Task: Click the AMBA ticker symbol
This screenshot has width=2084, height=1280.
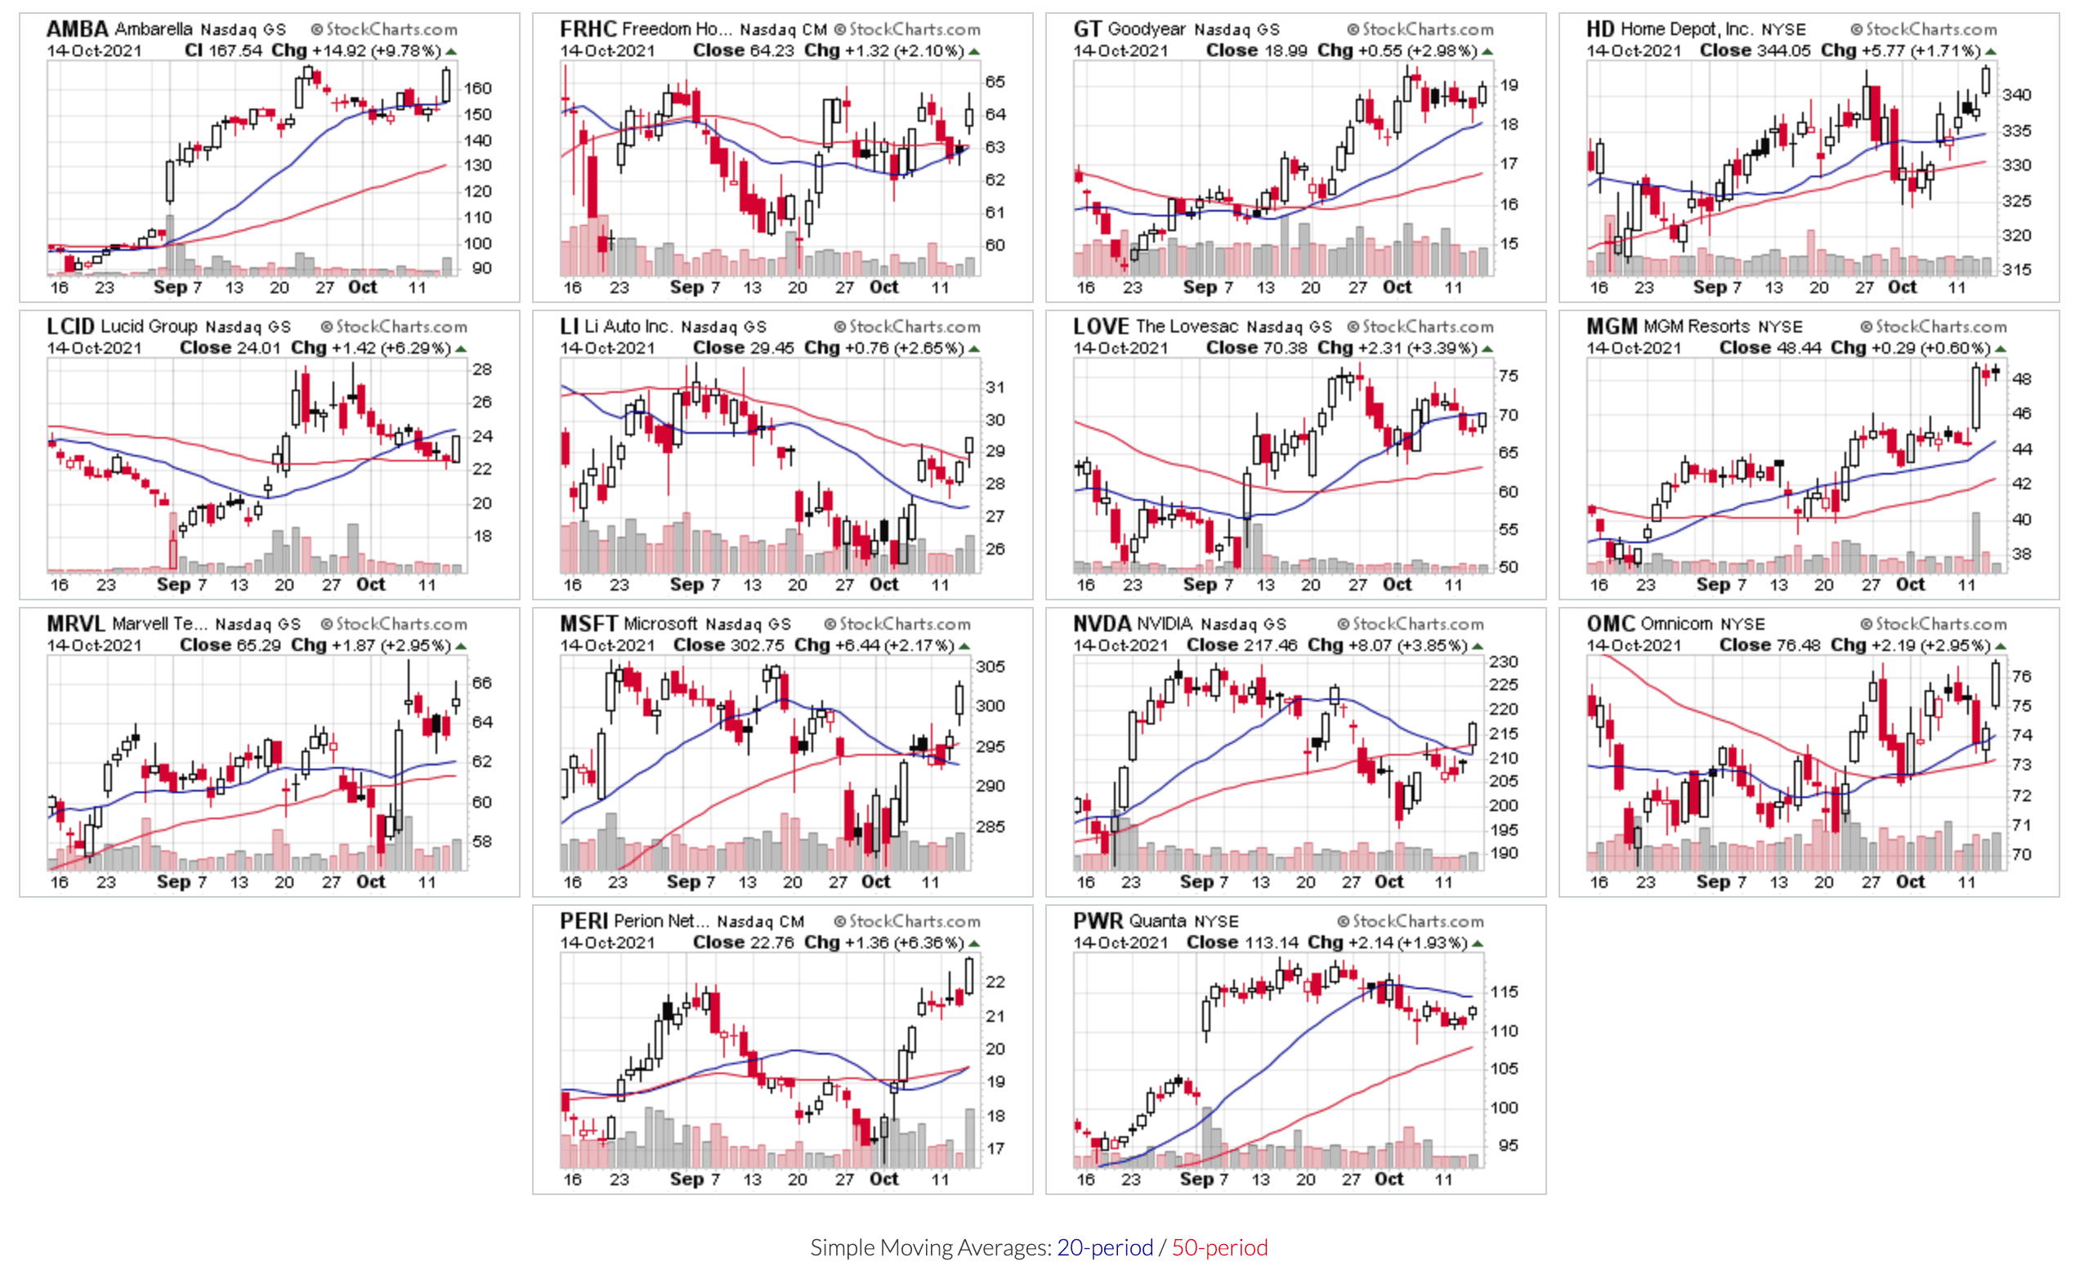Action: coord(77,29)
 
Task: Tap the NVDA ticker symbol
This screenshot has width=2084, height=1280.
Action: coord(1102,625)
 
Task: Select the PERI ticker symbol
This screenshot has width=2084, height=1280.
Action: coord(584,922)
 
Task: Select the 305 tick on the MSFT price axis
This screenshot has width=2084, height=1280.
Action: coord(990,667)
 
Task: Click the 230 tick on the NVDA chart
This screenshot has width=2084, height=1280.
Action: coord(1503,662)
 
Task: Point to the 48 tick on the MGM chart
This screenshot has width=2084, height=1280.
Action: coord(2021,379)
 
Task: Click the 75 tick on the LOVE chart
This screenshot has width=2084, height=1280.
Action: coord(1508,377)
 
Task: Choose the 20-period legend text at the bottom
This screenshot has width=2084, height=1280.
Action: coord(1104,1248)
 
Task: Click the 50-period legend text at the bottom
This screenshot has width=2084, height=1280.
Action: coord(1219,1248)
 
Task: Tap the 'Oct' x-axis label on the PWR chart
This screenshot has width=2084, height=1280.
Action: coord(1389,1180)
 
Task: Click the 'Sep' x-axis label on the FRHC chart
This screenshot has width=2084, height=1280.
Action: coord(686,288)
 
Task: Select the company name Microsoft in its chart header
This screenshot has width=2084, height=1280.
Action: coord(660,625)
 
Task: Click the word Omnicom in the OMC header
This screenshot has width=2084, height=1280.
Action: coord(1677,625)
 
